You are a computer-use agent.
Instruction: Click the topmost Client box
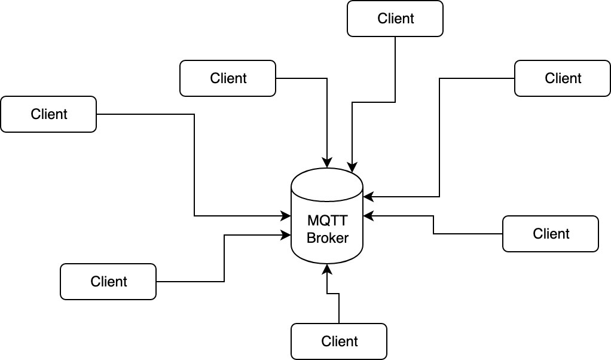point(395,19)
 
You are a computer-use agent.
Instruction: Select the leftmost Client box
point(48,114)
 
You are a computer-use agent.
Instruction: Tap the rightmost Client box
point(563,78)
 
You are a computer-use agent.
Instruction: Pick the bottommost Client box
point(339,341)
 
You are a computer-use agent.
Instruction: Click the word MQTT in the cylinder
point(328,221)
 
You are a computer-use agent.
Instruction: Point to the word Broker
point(328,238)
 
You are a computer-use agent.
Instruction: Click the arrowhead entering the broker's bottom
point(327,269)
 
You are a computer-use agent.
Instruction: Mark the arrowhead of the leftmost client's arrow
point(286,215)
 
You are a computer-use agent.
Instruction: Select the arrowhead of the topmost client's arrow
point(353,166)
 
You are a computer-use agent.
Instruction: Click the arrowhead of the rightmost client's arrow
point(368,196)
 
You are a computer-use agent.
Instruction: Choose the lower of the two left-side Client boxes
point(108,282)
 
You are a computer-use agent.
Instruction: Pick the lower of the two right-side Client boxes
point(551,234)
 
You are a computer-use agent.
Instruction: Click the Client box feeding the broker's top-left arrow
point(228,78)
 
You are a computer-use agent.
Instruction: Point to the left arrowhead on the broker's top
point(327,162)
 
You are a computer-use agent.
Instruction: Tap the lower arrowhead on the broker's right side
point(368,215)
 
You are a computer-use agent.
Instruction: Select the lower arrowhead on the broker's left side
point(286,236)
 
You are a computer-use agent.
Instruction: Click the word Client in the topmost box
point(395,19)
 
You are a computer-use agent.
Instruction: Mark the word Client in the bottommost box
point(339,341)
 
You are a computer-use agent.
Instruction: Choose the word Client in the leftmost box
point(48,114)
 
